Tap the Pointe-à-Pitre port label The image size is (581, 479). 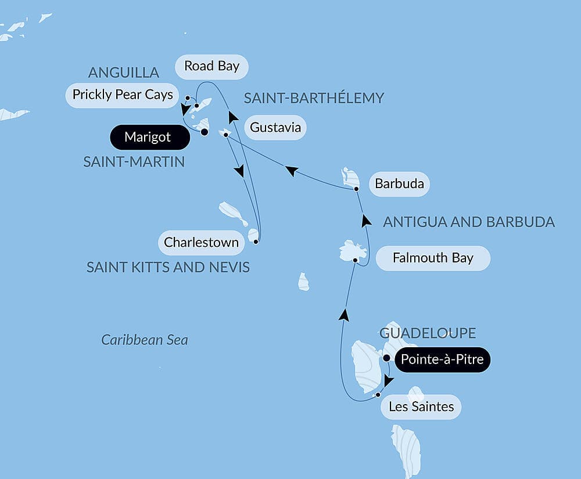tap(442, 360)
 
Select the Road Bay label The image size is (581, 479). tap(211, 66)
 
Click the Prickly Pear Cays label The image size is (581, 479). tap(123, 95)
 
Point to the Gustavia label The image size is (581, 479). tap(276, 127)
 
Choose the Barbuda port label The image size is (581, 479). tap(399, 185)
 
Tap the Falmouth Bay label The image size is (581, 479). tap(433, 258)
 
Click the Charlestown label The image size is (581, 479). tap(201, 242)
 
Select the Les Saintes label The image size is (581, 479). tap(421, 406)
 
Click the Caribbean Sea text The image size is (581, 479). tap(145, 340)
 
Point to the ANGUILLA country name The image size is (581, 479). tap(124, 73)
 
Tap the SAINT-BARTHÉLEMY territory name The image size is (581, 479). tap(314, 98)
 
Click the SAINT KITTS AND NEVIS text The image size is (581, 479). tap(168, 267)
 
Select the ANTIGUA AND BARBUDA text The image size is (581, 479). tap(469, 222)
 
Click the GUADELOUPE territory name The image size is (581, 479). tap(428, 333)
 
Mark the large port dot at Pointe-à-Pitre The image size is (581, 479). tap(386, 358)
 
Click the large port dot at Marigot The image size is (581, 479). tap(205, 132)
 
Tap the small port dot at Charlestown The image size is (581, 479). tap(256, 240)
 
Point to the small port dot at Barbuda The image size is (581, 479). tap(356, 189)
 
